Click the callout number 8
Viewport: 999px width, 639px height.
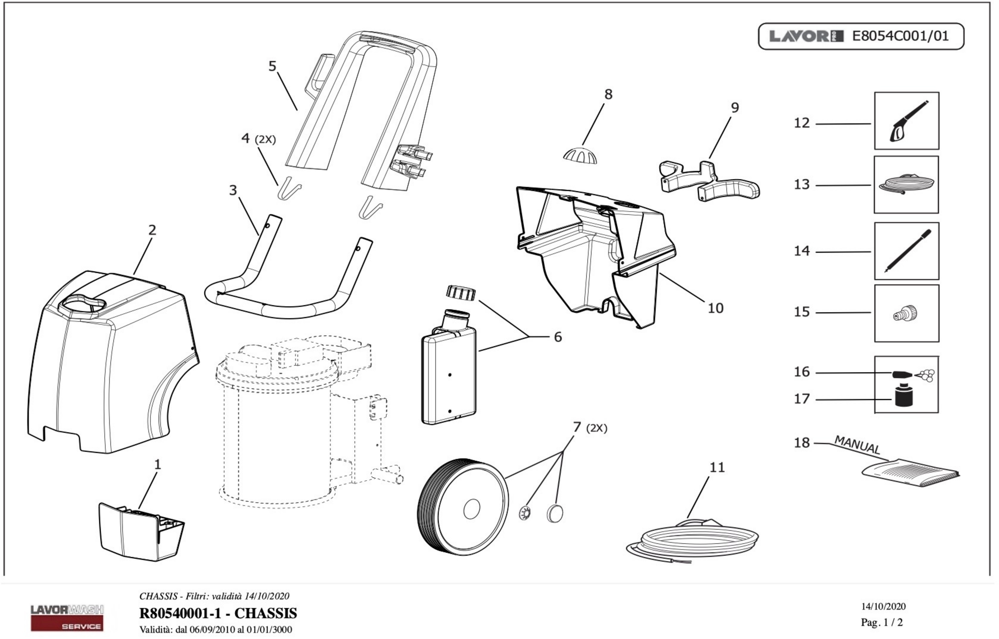click(608, 95)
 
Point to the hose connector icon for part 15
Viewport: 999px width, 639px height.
click(906, 313)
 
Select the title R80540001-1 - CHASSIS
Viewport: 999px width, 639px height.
click(218, 613)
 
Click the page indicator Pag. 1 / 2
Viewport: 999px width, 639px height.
click(881, 622)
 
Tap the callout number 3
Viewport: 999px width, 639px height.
click(233, 190)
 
